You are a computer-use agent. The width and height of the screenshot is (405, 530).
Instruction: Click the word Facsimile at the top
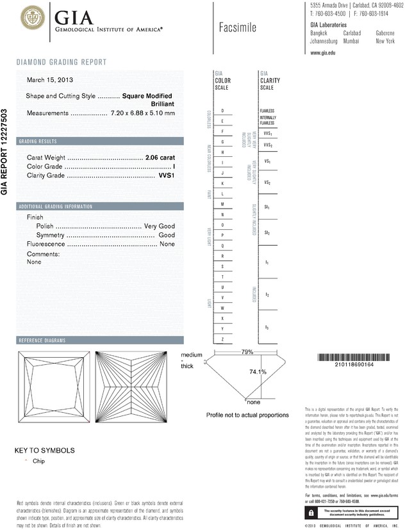(237, 28)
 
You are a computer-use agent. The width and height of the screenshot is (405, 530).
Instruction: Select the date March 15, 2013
(49, 80)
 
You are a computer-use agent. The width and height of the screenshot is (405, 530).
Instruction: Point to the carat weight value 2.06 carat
(160, 157)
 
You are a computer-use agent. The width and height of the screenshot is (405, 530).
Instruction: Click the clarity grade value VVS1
(166, 175)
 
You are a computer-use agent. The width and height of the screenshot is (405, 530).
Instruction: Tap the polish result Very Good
(160, 227)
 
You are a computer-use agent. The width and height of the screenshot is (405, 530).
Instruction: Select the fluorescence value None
(167, 245)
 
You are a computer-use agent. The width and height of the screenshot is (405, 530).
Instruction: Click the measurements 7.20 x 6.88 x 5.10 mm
(143, 113)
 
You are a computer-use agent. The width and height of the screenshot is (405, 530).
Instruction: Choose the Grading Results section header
(38, 141)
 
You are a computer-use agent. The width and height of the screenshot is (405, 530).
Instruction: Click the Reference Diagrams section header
(42, 340)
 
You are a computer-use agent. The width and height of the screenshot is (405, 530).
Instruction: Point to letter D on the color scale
(222, 111)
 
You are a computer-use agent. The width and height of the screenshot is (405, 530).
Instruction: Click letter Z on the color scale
(222, 339)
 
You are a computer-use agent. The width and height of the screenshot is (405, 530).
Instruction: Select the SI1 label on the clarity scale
(267, 208)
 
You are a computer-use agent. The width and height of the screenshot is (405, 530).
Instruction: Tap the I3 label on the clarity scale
(267, 327)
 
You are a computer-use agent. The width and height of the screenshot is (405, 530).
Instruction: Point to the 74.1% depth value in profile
(258, 372)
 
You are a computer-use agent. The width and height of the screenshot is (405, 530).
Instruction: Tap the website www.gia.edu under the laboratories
(323, 52)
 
